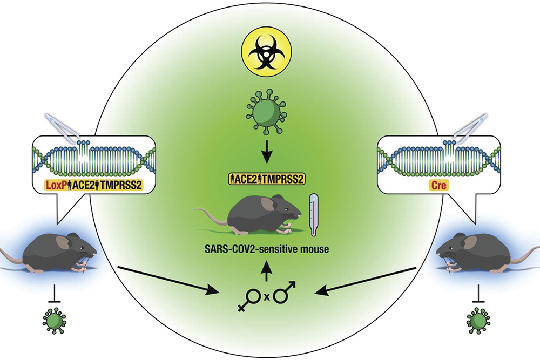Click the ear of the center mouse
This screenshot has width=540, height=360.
tap(267, 204)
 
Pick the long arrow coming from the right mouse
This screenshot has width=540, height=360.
tap(367, 281)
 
